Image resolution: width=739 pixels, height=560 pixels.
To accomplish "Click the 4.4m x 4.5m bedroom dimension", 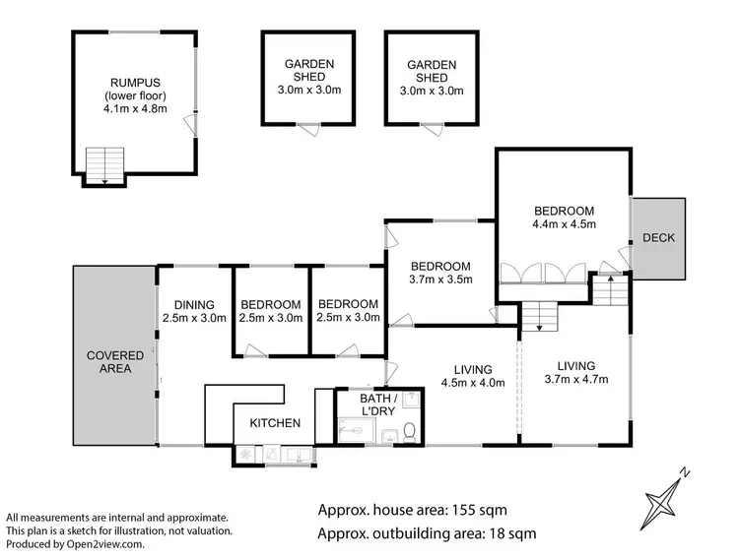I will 564,225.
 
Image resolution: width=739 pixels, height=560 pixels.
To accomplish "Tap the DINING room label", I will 194,304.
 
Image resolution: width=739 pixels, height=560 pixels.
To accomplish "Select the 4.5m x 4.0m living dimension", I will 473,383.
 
